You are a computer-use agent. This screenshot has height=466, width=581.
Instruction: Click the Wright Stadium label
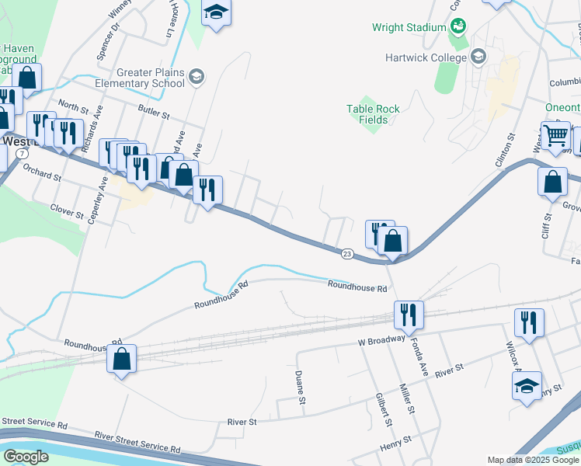(409, 28)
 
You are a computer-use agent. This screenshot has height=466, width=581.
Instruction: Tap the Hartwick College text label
(426, 57)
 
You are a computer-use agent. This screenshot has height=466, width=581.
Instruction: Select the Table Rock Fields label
(374, 114)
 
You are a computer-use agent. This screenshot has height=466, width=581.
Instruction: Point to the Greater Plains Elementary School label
(140, 78)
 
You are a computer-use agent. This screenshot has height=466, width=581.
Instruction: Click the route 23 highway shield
(346, 253)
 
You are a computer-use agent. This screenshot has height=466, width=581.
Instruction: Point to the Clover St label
(66, 209)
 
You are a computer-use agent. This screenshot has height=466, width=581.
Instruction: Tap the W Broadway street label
(382, 339)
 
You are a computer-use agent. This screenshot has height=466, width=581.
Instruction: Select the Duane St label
(299, 386)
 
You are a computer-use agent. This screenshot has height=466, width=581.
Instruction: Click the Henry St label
(395, 447)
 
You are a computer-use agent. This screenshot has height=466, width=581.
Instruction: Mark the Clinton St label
(505, 150)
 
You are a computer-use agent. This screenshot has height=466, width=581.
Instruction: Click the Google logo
(26, 457)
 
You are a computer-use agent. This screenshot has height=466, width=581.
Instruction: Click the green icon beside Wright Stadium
(458, 27)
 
